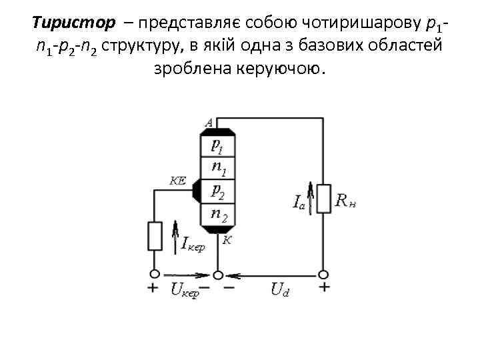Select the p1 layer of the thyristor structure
(x=217, y=145)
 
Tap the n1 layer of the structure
(x=218, y=168)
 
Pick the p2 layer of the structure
(x=217, y=191)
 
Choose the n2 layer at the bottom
(x=217, y=214)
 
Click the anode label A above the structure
(x=209, y=122)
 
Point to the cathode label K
(x=227, y=240)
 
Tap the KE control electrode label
(x=179, y=180)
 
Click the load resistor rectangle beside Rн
(x=323, y=198)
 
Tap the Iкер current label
(x=193, y=245)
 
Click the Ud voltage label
(x=281, y=290)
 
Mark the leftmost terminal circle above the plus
(x=155, y=273)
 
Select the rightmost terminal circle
(x=323, y=273)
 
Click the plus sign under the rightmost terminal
(x=324, y=288)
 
